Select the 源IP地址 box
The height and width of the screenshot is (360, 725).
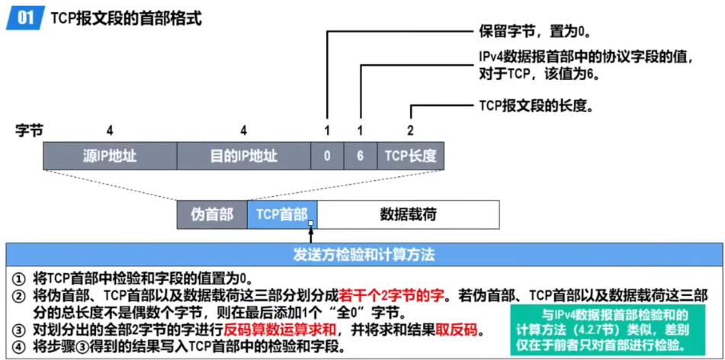tap(110, 156)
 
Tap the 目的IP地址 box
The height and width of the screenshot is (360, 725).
tap(243, 156)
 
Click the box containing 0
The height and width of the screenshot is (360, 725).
tap(327, 156)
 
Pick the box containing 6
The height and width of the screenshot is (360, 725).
tap(360, 156)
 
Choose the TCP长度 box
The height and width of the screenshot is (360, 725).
tap(410, 156)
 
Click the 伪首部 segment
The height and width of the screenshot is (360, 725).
tap(212, 214)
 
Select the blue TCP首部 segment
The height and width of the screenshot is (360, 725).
tap(281, 214)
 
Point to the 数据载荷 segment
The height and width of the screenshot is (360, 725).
tap(408, 214)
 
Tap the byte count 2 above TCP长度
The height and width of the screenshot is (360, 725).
tap(410, 130)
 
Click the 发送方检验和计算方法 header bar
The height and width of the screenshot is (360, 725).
tap(364, 253)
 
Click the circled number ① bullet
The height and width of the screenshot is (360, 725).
tap(19, 278)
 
